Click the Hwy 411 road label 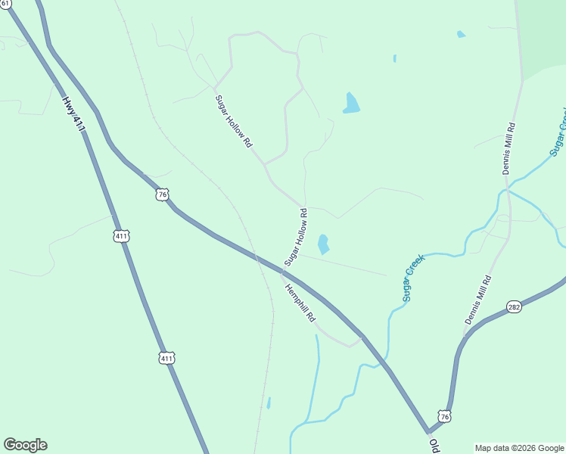click(73, 113)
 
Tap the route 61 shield click(5, 4)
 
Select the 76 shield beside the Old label click(444, 417)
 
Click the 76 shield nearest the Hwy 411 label click(162, 195)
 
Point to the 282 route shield click(514, 306)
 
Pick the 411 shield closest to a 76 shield click(122, 236)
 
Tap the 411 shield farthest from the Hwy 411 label click(166, 357)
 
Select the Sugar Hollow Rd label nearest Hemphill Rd click(296, 237)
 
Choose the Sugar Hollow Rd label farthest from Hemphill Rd click(233, 121)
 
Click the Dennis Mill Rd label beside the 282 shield click(478, 300)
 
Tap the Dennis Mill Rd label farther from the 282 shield click(509, 148)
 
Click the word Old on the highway click(434, 445)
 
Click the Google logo click(25, 445)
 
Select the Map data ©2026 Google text click(519, 448)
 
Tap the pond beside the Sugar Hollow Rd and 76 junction click(323, 244)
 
